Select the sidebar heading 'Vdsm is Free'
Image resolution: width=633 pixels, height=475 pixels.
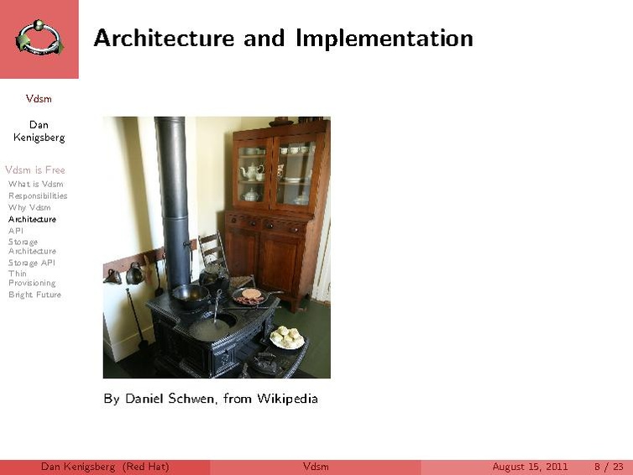pos(34,170)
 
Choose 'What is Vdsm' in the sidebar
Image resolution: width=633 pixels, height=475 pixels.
pos(35,184)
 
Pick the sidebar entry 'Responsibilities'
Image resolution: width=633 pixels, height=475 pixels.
pos(38,196)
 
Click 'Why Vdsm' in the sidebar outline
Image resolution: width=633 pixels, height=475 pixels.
pos(29,207)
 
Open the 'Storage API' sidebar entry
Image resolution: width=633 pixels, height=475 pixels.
pos(32,263)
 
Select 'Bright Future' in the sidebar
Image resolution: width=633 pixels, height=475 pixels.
pos(34,295)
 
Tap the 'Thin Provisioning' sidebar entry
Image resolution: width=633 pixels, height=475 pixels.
pos(32,278)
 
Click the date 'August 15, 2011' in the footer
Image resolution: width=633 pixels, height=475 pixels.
pos(530,467)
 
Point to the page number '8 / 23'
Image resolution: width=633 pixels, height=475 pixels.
pos(609,467)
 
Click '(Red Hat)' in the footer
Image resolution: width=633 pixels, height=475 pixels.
pos(145,467)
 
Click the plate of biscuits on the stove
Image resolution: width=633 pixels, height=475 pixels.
pos(288,337)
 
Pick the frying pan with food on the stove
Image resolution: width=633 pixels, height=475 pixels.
pos(250,295)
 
